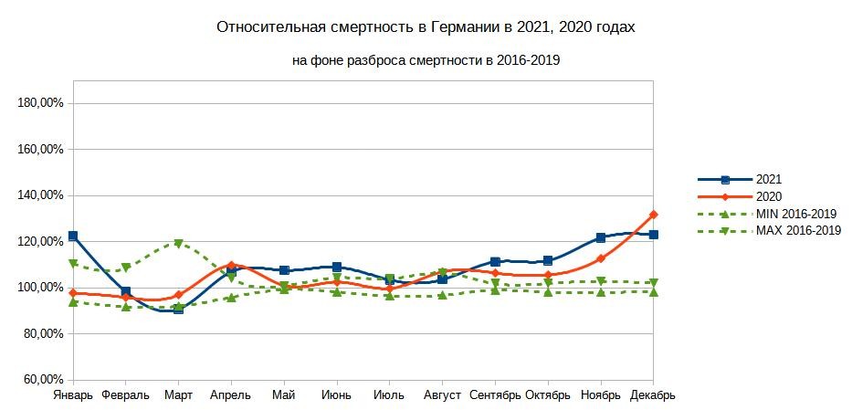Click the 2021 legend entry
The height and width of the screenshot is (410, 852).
pos(769,180)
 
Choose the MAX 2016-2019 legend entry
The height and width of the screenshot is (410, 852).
pos(798,230)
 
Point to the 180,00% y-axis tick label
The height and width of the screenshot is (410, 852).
pos(41,103)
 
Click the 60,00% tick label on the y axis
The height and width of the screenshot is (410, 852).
pos(44,380)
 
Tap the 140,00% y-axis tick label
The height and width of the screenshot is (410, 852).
pos(41,195)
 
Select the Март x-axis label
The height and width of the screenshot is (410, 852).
pos(178,395)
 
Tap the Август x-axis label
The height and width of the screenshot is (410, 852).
pos(442,395)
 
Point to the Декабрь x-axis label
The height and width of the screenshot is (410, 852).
pos(652,395)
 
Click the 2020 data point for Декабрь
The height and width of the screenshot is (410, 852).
pos(654,215)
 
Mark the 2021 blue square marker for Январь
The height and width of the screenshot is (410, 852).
pos(73,237)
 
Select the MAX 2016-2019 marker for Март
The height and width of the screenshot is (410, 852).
pos(179,244)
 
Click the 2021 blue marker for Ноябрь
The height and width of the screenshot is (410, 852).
pos(601,237)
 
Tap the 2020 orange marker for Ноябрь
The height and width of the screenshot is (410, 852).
pos(601,258)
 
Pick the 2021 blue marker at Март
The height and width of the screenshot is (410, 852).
pos(179,309)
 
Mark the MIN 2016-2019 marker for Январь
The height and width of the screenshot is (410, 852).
pos(73,301)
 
